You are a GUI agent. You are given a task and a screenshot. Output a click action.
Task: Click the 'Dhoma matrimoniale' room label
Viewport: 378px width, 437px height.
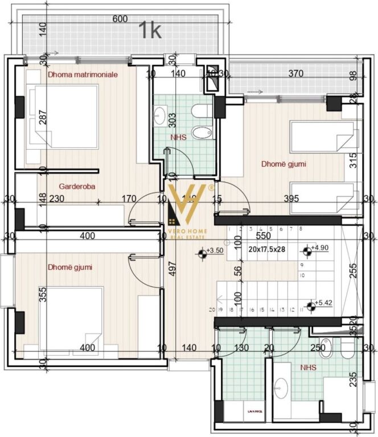tap(83, 75)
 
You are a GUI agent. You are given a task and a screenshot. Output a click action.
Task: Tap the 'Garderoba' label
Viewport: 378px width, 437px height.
tap(77, 186)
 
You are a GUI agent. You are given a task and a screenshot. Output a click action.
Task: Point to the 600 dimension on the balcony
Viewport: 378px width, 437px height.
tap(120, 19)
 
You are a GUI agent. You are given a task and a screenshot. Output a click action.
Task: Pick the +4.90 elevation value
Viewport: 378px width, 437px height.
tap(322, 248)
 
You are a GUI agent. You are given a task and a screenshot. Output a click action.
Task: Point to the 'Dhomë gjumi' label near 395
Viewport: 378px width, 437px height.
tap(284, 164)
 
